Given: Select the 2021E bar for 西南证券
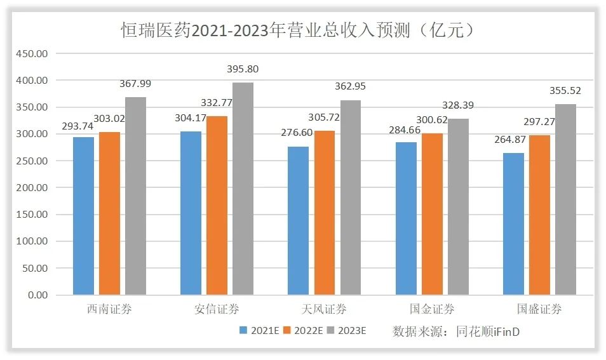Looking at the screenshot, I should coord(83,216).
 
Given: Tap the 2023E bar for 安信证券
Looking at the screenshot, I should coord(243,189).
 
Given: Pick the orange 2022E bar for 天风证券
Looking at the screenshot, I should coord(325,213).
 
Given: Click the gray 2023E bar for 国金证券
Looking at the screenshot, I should coord(458,206).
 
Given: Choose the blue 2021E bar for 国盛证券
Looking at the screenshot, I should coord(514,223).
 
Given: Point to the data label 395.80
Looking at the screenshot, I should coord(243,69).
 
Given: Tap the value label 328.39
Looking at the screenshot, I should coord(458,105).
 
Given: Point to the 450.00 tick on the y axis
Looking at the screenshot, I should coord(32,54).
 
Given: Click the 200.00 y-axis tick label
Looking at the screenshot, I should coord(32,188).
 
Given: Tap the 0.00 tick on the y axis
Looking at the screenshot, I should coord(37,295).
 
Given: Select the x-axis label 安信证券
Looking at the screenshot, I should coord(217,310).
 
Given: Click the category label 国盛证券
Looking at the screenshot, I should coord(539,310).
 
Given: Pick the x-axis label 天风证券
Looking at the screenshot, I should coord(324,310).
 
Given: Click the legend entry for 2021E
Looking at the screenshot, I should coord(261,330).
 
